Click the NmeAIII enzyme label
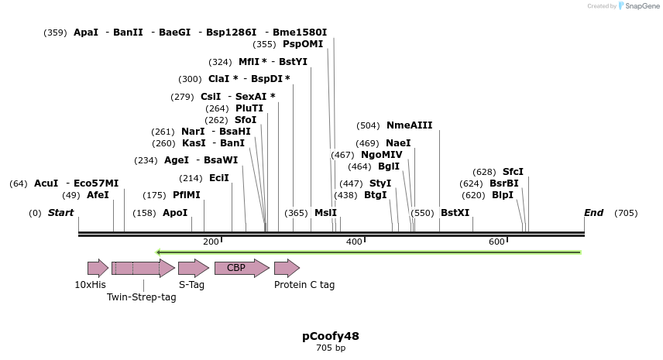point(409,125)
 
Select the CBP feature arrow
point(241,268)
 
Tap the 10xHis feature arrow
point(98,268)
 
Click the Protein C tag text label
point(304,285)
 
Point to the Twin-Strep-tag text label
point(142,297)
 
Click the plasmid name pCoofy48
point(331,336)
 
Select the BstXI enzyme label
point(455,213)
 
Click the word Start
point(60,213)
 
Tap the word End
point(593,213)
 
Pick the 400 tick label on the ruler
point(354,242)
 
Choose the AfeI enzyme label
point(98,195)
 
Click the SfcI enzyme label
point(513,172)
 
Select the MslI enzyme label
point(325,213)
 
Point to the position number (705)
point(625,213)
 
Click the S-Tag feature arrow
point(193,268)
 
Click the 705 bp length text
point(331,348)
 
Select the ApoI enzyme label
point(175,213)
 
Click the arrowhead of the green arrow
point(158,252)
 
